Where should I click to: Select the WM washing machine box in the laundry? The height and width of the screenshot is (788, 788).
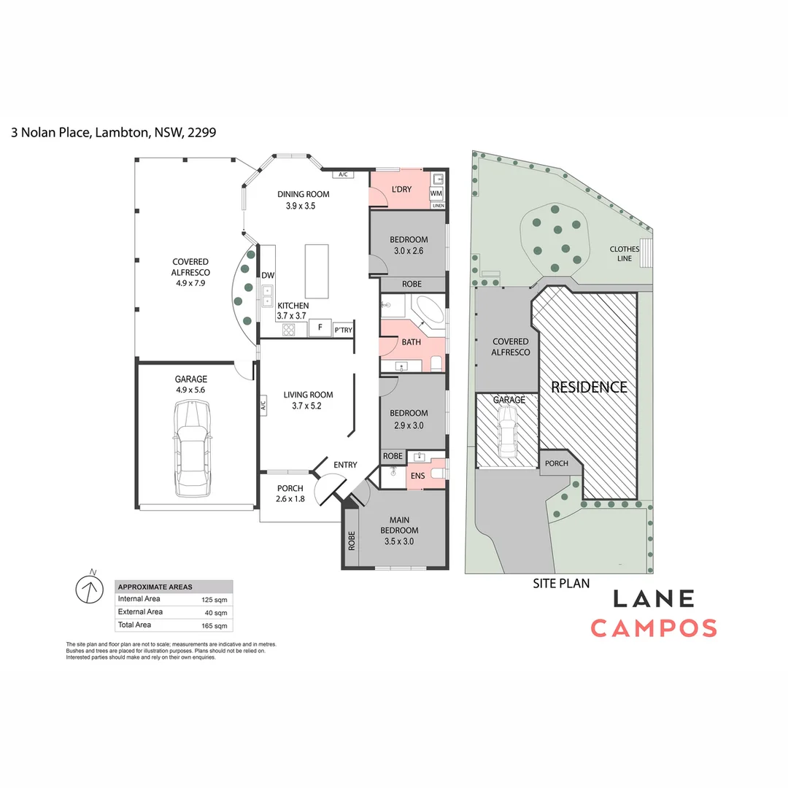coord(436,193)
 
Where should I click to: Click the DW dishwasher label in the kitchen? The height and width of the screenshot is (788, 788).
coord(267,275)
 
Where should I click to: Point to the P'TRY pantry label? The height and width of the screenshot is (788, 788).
coord(343,330)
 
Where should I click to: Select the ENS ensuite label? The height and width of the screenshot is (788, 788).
coord(418,476)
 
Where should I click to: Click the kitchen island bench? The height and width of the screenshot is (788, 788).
coord(317,271)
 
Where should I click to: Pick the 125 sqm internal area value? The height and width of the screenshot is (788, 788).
coord(215,599)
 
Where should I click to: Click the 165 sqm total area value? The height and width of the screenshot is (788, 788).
coord(215,625)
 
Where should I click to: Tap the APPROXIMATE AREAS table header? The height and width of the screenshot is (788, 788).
coord(155,587)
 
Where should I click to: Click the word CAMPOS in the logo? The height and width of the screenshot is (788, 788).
coord(653,627)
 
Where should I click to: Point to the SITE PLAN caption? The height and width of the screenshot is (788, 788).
coord(561,583)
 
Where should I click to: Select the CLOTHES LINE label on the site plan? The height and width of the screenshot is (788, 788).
coord(625,254)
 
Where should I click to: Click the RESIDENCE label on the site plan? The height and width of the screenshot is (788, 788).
coord(589,387)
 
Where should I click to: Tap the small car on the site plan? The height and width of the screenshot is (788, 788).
coord(507,430)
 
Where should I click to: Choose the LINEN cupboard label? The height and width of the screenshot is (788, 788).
coord(438,206)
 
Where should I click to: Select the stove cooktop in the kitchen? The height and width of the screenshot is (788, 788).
coord(288,329)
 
